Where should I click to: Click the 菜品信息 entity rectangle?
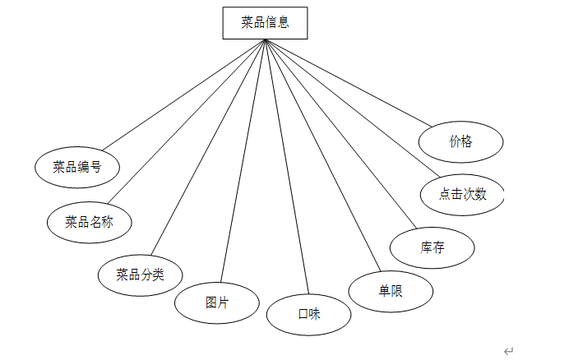265,23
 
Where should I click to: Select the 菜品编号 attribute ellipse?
77,168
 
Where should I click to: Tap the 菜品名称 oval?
89,221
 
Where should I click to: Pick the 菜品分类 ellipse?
140,275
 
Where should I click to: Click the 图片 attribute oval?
217,302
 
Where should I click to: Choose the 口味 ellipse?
308,314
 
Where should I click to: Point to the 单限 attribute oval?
391,291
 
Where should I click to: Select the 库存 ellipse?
432,248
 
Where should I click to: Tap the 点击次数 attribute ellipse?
462,195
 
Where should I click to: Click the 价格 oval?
460,141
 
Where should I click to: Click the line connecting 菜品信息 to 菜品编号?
183,95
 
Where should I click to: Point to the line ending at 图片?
243,160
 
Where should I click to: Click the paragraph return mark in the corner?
508,351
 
